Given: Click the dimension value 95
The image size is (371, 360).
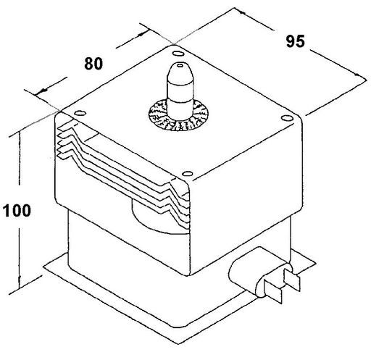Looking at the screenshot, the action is pos(295,41).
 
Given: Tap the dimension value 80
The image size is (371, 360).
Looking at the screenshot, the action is pos(93,64).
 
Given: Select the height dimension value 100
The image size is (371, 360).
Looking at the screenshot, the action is pos(17,211).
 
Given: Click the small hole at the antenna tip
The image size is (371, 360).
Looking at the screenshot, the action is pos(180,65).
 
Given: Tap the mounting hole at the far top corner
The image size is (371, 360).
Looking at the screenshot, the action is pos(177,53).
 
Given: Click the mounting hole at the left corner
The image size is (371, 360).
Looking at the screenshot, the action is pos(80,113).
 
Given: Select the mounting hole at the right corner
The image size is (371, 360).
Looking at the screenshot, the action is pos(287,118).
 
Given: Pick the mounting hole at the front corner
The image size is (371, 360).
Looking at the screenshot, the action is pos(187,174).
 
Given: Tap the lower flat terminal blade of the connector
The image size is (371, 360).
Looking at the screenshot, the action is pos(273,291).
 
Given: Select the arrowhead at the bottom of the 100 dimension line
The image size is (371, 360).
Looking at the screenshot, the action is pos(20,284).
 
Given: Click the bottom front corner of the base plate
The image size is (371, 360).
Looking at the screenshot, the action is pos(178,344).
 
